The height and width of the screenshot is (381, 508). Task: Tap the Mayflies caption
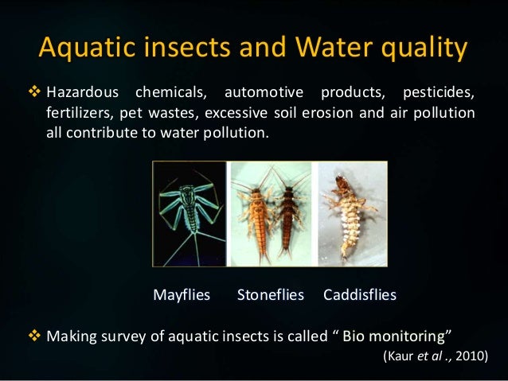coord(182,295)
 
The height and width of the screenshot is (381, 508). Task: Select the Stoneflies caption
coord(271,295)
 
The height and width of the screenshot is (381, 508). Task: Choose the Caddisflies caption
coord(360,295)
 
